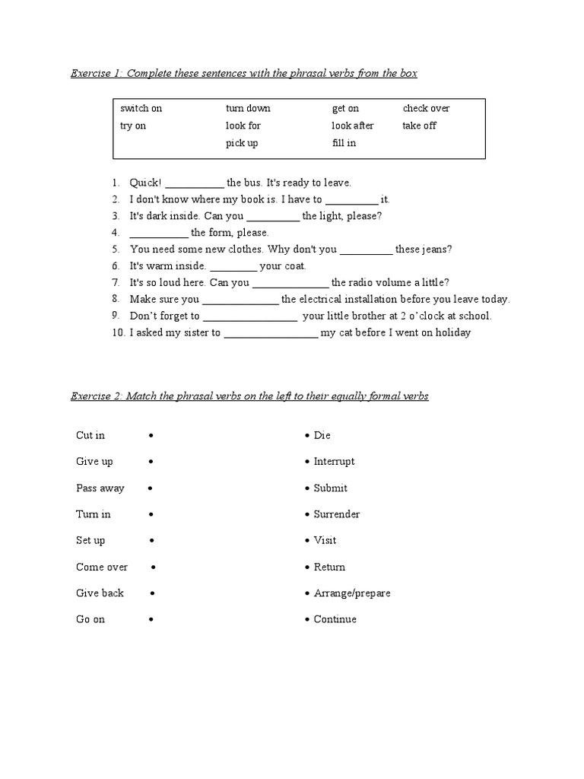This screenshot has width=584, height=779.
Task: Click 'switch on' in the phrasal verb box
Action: [141, 109]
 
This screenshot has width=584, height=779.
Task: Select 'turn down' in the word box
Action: [248, 109]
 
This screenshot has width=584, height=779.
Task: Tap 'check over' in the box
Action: [426, 109]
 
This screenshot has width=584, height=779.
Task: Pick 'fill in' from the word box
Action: [344, 143]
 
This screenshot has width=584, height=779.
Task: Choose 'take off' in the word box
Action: [419, 126]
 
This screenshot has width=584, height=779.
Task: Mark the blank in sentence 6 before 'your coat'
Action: [233, 267]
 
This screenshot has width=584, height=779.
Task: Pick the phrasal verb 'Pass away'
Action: [100, 488]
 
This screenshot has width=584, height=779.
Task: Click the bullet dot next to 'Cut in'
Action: [152, 436]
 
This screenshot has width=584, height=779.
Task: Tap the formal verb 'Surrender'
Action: [337, 514]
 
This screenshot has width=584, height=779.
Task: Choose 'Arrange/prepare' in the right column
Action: [351, 593]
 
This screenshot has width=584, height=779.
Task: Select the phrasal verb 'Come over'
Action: [102, 567]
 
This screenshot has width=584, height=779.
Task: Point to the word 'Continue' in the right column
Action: [335, 619]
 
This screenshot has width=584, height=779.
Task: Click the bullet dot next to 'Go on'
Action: [152, 620]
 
